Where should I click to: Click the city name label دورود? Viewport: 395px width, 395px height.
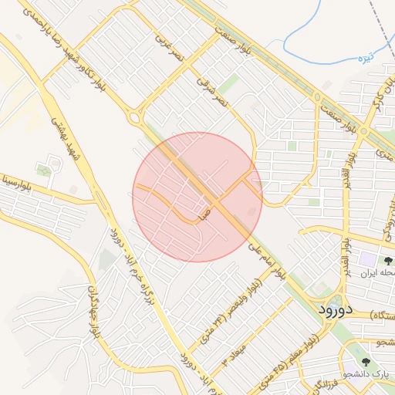click(x=336, y=309)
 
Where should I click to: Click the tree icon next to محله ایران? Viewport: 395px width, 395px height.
click(x=389, y=262)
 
